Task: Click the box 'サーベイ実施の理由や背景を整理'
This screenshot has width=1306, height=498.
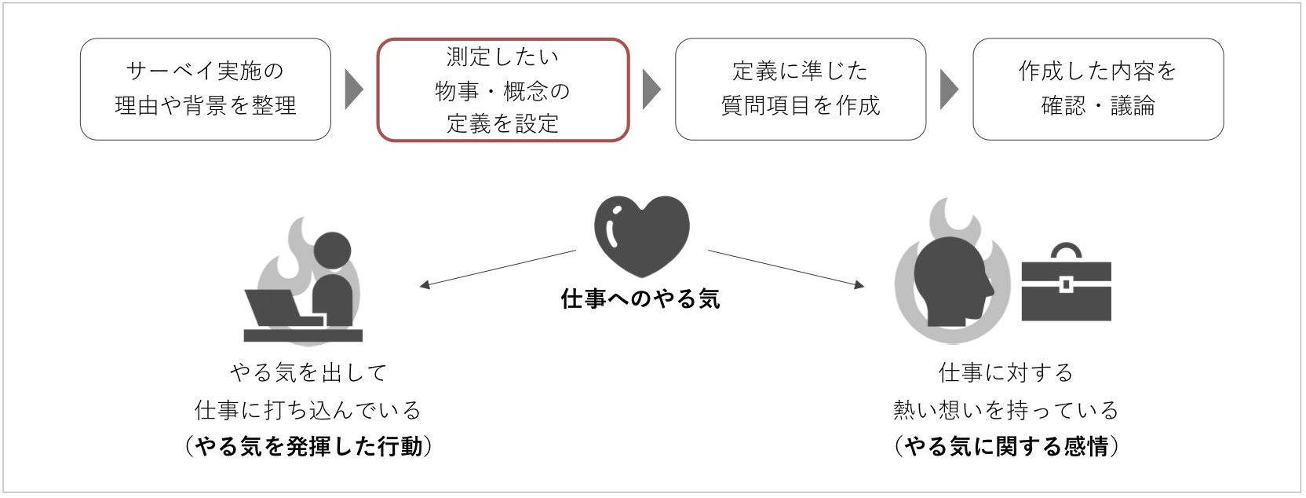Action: [205, 90]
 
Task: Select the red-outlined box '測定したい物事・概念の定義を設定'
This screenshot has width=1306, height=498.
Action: [502, 90]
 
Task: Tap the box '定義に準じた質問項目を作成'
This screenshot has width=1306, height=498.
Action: [801, 90]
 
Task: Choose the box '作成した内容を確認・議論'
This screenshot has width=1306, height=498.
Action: [1098, 90]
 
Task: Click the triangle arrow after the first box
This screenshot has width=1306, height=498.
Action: [353, 90]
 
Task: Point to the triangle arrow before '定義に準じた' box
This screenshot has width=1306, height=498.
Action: [651, 90]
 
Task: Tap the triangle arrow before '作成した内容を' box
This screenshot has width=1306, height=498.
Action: [949, 90]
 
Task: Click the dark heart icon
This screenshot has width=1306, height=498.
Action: [641, 236]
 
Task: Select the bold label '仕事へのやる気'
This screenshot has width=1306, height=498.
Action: [640, 299]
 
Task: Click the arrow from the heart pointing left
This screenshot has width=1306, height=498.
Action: [498, 269]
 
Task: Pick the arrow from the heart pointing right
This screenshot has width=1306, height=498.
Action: [786, 269]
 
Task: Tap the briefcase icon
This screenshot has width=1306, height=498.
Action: [1067, 282]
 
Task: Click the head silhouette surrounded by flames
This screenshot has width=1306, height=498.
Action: [951, 281]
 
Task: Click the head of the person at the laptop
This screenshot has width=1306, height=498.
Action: [332, 251]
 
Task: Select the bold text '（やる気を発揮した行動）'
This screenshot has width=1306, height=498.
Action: [309, 447]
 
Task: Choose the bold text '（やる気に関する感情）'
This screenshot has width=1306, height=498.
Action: [1006, 447]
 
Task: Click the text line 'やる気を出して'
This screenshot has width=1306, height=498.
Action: [309, 372]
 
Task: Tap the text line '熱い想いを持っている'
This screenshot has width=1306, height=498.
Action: [1006, 410]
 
